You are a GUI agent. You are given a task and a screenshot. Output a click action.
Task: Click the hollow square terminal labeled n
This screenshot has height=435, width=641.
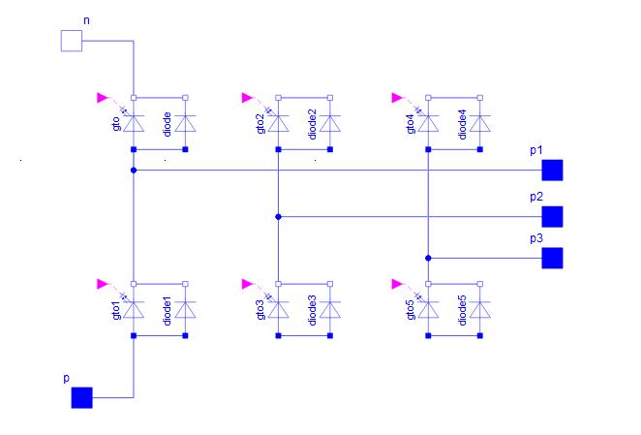(x=72, y=41)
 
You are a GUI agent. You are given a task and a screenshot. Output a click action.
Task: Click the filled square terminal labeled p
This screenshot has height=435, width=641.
(x=81, y=398)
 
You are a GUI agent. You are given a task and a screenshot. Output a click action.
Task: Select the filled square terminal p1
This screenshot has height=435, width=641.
(x=552, y=171)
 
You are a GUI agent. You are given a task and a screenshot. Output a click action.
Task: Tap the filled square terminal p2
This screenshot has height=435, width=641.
(x=552, y=217)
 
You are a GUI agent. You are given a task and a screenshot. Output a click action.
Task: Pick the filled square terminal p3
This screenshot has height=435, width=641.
(x=552, y=259)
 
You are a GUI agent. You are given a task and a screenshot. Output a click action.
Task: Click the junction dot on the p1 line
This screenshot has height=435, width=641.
(x=134, y=171)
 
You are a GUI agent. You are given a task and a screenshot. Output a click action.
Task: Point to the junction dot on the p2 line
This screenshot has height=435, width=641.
(x=279, y=217)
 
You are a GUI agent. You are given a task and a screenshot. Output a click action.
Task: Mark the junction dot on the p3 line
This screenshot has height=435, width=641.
(x=428, y=259)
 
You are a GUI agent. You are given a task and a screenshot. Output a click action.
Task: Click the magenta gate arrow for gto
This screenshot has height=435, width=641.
(x=103, y=98)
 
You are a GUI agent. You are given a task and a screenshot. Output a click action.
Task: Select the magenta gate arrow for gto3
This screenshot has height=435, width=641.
(x=247, y=284)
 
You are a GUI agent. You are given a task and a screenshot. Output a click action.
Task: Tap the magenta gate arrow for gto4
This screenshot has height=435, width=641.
(x=397, y=98)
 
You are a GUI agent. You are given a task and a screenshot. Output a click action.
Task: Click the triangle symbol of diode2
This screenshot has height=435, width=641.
(x=330, y=124)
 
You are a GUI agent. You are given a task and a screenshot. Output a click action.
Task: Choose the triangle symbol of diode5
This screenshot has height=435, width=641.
(x=480, y=310)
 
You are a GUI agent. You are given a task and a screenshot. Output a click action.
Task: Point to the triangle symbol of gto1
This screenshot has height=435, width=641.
(x=134, y=310)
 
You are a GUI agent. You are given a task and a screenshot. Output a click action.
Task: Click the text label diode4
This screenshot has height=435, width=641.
(x=463, y=124)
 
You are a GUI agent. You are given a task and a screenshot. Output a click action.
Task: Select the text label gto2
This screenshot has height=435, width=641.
(x=260, y=124)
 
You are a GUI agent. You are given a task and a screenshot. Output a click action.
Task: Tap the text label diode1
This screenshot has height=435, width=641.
(x=168, y=311)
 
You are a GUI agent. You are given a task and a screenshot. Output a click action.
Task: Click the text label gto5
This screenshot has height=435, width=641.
(x=411, y=310)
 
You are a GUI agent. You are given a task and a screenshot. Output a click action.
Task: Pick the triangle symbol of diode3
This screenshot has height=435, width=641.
(x=330, y=310)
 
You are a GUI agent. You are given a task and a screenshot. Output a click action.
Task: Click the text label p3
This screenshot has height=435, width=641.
(x=536, y=238)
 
